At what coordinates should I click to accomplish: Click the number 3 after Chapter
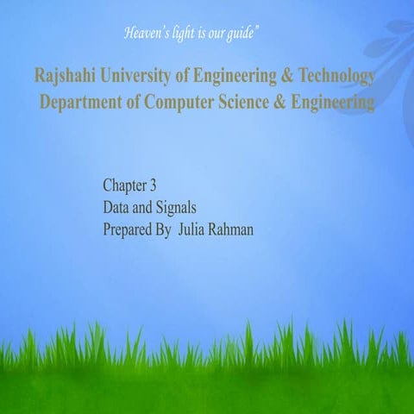[x=152, y=185]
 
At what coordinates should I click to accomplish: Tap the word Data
[x=116, y=208]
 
